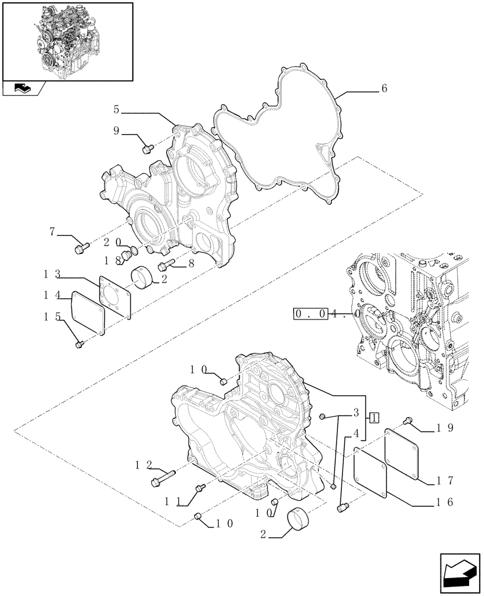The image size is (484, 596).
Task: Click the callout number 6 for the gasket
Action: point(384,88)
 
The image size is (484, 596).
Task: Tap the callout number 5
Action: point(117,109)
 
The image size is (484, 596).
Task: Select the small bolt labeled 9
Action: point(149,146)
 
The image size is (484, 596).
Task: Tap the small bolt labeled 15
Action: point(80,344)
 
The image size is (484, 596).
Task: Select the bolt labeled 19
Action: point(409,421)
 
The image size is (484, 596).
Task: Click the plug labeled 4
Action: point(342,508)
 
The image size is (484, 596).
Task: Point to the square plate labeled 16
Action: point(370,472)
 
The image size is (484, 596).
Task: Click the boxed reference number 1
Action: point(373,417)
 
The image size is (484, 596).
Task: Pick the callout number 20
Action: point(111,242)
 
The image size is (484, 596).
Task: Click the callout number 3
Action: point(355,412)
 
